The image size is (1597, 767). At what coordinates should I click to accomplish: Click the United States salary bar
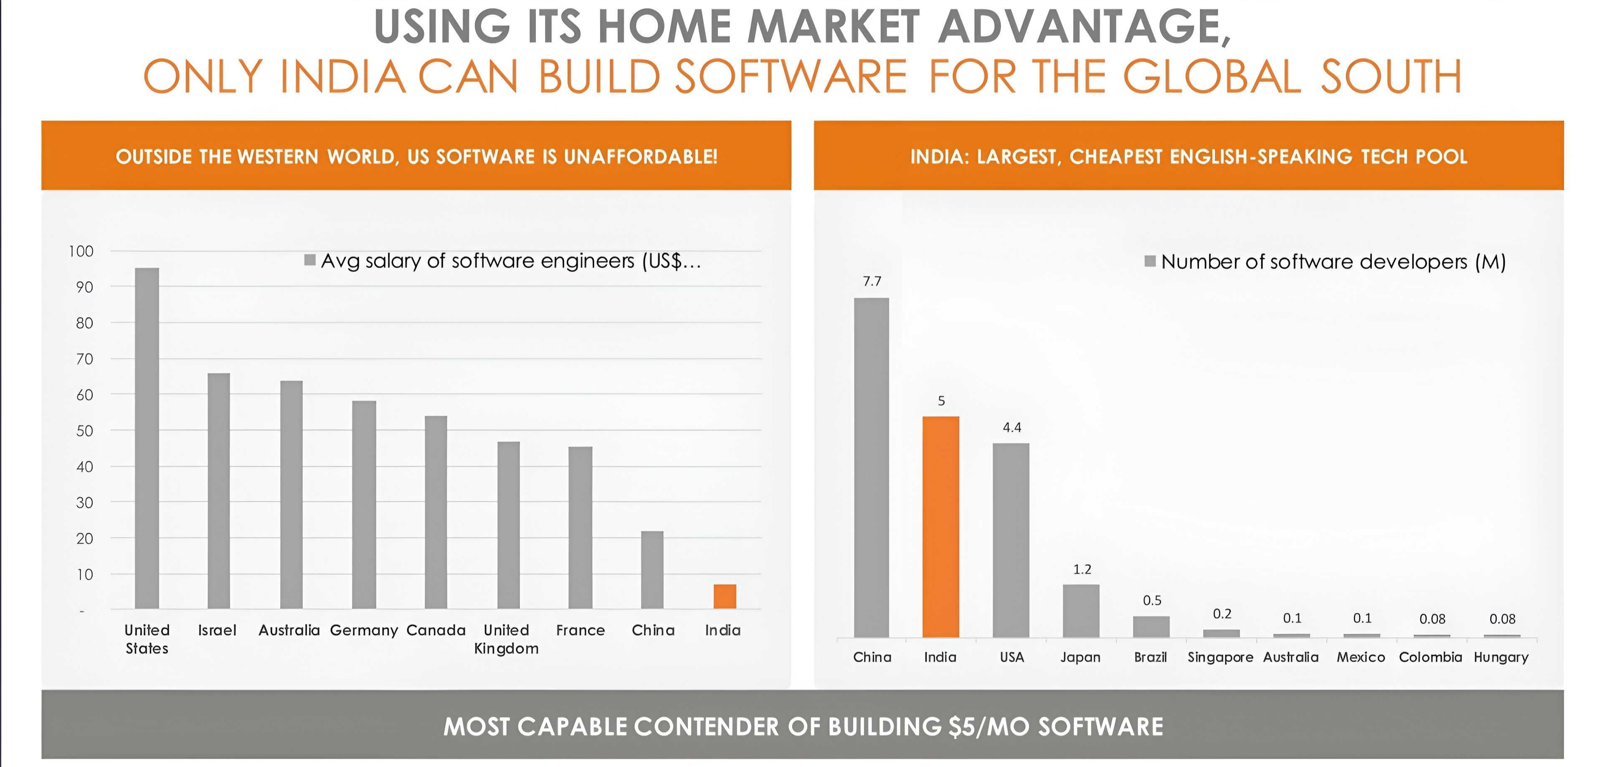tap(147, 438)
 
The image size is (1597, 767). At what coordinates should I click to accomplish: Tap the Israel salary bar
tap(218, 490)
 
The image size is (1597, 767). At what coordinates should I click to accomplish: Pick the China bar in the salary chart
tap(652, 569)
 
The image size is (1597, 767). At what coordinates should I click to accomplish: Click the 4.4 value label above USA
tap(1012, 427)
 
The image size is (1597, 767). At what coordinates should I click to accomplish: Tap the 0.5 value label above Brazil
tap(1152, 600)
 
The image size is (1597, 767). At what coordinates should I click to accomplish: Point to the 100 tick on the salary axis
tap(81, 251)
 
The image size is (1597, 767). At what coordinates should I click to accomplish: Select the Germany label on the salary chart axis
tap(364, 630)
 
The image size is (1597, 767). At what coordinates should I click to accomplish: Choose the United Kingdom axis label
tap(506, 639)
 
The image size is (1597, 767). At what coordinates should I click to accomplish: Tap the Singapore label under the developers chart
tap(1220, 657)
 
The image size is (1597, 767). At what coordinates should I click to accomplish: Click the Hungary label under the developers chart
tap(1501, 657)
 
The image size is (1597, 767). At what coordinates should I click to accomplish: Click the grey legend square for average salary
tap(310, 260)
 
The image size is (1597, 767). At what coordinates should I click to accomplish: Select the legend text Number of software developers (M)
tap(1333, 262)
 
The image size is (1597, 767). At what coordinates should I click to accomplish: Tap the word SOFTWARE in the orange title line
tap(791, 76)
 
